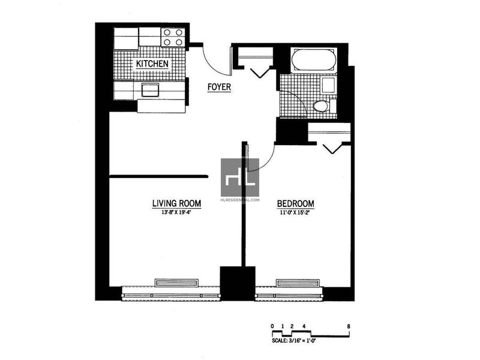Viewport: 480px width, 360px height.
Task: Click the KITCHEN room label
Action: [152, 64]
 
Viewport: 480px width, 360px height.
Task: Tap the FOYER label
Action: [219, 87]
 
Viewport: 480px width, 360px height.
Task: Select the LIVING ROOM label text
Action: [176, 203]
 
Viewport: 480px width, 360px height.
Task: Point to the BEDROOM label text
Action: [295, 203]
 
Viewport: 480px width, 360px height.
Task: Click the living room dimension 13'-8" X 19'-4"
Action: [176, 212]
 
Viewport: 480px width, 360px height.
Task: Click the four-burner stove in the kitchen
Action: [173, 37]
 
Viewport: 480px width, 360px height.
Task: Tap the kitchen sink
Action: [150, 90]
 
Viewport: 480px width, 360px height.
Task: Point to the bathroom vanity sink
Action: [328, 85]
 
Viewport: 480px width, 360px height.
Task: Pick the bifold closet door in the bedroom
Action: [333, 148]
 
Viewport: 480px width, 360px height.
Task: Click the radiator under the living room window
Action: [176, 283]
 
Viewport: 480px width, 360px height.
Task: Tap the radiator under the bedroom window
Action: [298, 283]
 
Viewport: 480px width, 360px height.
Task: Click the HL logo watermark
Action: [240, 178]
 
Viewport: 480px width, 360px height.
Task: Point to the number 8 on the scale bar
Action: [349, 326]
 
